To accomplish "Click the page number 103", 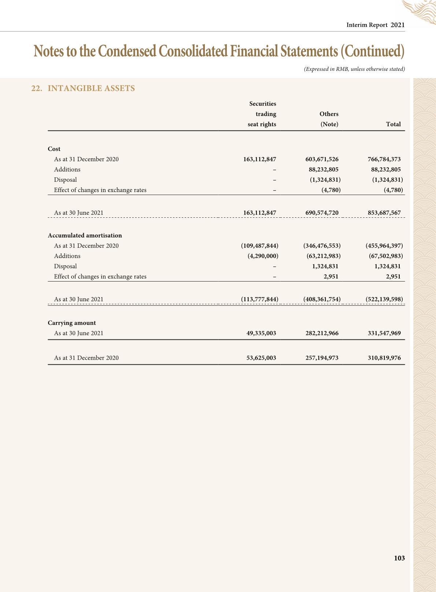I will [x=399, y=558].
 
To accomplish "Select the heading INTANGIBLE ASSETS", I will [x=91, y=88].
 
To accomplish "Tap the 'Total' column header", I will [x=393, y=124].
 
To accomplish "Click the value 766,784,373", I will [x=384, y=159].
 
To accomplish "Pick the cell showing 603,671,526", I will [x=322, y=159].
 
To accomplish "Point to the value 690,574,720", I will [x=322, y=213].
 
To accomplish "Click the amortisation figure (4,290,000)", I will [x=263, y=256].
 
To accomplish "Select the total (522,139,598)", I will [x=384, y=299].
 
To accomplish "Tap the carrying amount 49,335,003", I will [x=261, y=333].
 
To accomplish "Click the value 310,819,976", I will [x=384, y=358].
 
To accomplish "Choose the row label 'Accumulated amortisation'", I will [x=85, y=235].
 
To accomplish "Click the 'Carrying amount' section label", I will [x=72, y=323].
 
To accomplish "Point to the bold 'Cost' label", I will [x=54, y=149].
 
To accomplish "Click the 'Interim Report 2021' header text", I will [x=376, y=25].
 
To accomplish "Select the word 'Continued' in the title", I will [x=372, y=51].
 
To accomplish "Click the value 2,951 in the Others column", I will [x=331, y=276].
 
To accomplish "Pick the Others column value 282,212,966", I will [x=322, y=333].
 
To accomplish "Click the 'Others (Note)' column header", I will [x=329, y=119].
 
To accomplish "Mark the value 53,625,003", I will [x=261, y=358].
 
